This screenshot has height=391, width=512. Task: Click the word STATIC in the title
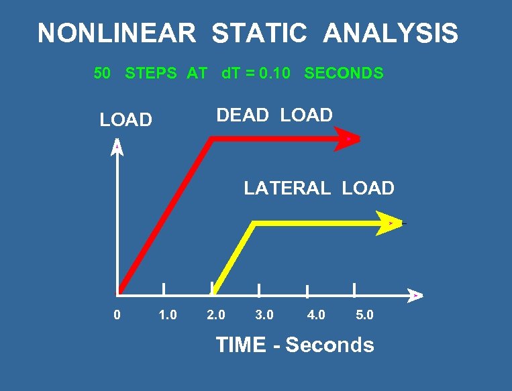[259, 33]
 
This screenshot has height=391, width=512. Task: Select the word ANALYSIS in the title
[391, 33]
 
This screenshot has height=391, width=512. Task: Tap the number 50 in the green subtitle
[102, 74]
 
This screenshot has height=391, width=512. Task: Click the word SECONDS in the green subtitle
[344, 74]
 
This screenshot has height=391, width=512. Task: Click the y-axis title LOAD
[126, 120]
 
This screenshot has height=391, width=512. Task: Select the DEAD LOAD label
[274, 115]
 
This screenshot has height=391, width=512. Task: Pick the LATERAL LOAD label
[319, 188]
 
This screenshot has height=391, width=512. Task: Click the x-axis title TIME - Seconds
[295, 345]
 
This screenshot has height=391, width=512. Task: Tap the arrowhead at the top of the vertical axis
[117, 148]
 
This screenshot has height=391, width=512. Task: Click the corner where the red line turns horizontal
[211, 139]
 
